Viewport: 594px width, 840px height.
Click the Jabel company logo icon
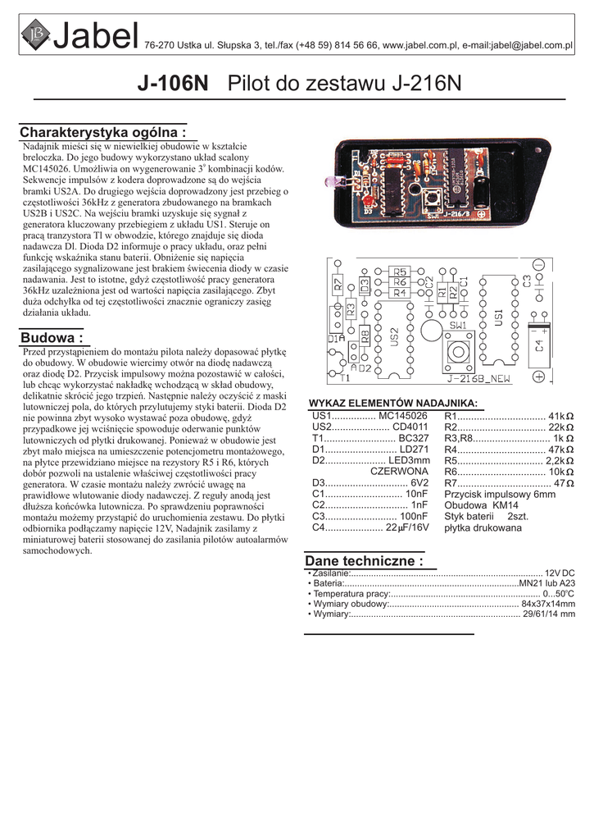click(35, 35)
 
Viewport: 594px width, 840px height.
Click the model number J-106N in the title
click(173, 84)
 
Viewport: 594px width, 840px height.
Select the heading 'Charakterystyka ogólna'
click(107, 133)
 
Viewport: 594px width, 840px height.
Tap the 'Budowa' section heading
click(52, 338)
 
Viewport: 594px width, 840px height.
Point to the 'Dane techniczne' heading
click(364, 561)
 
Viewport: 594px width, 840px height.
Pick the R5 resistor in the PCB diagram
click(398, 272)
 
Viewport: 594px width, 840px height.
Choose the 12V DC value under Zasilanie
click(560, 573)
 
